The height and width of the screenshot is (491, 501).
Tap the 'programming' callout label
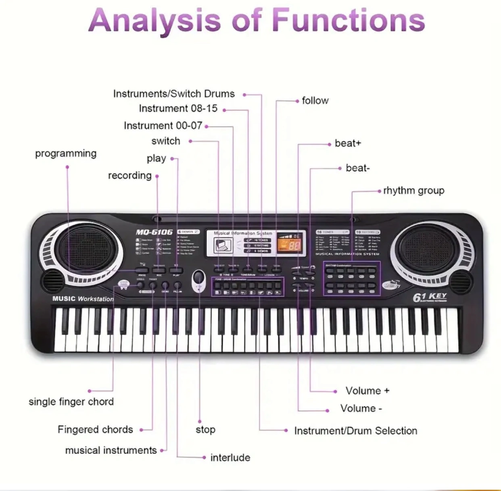(x=66, y=154)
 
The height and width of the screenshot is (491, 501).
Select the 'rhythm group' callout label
(x=413, y=190)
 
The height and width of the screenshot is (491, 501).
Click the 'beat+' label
(x=348, y=144)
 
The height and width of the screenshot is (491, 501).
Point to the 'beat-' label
(x=357, y=168)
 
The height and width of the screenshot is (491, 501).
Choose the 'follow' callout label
(x=315, y=100)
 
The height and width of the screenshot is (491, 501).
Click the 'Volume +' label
(x=367, y=391)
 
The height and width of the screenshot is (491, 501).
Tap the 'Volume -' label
(x=361, y=408)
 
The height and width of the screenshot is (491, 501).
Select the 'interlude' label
(x=230, y=458)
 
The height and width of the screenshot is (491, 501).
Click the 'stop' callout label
(x=205, y=430)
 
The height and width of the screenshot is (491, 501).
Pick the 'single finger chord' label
(x=71, y=402)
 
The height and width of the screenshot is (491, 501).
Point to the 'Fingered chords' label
(x=95, y=430)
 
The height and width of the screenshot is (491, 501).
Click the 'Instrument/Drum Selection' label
(x=355, y=431)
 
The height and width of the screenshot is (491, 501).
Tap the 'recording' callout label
(x=129, y=175)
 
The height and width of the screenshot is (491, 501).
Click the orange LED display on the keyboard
(x=289, y=243)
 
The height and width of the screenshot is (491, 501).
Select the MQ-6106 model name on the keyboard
(x=154, y=232)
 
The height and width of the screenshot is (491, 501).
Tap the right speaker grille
(x=428, y=248)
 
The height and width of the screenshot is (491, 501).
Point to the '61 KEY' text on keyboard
(x=429, y=297)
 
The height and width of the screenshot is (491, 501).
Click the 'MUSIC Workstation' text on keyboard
(x=83, y=299)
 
